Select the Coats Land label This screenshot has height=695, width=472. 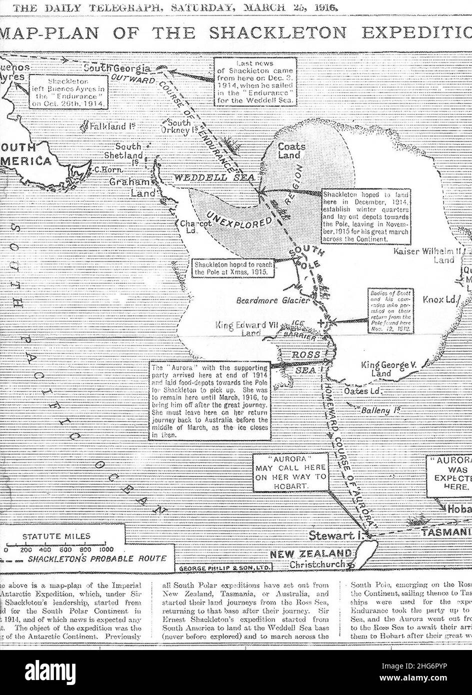click(289, 151)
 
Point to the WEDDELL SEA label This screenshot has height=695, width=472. click(214, 177)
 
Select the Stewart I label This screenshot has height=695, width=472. click(334, 535)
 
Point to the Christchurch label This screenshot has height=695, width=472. click(317, 564)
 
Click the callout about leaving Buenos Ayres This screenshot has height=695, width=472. click(69, 91)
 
